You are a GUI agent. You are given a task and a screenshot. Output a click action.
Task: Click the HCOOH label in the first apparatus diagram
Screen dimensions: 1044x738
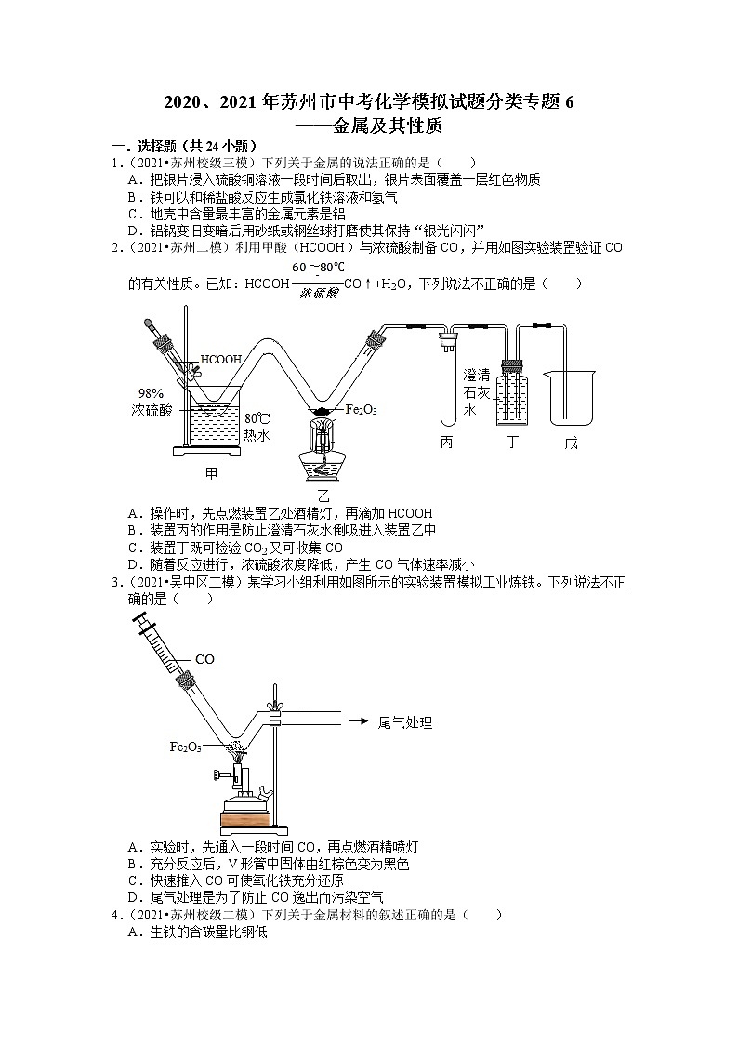tap(221, 359)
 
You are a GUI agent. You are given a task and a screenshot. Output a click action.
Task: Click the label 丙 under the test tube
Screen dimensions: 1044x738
tap(447, 443)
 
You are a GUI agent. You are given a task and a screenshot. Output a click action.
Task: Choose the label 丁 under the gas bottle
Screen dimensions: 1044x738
tap(511, 443)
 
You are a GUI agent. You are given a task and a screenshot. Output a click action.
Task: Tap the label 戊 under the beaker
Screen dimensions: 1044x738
tap(571, 443)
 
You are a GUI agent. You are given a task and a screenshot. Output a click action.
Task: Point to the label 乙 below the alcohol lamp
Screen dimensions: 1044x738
tap(323, 496)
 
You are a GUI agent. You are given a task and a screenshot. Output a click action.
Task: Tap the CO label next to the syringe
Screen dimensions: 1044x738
tap(204, 659)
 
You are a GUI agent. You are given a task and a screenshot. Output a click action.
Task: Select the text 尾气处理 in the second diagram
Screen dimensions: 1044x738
tap(406, 721)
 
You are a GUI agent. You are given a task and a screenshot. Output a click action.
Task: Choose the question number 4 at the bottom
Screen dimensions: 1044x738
tap(114, 916)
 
